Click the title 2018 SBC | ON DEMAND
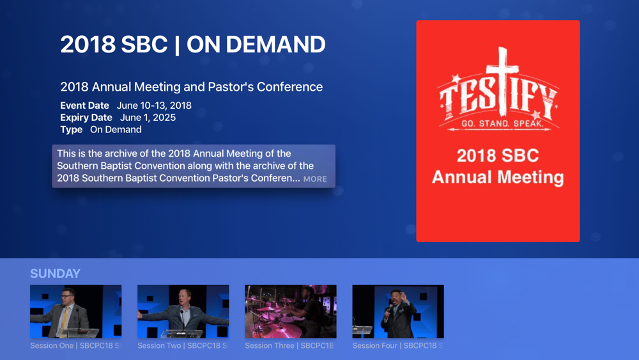point(193,44)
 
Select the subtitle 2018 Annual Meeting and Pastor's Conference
point(192,87)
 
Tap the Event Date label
point(85,106)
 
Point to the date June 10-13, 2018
point(154,106)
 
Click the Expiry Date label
point(86,118)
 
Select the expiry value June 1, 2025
point(148,118)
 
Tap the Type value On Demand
point(116,130)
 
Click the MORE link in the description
point(315,179)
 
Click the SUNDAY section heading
point(55,274)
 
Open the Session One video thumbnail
point(76,311)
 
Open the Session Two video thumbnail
point(183,311)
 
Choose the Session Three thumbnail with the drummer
point(291,311)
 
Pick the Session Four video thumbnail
point(398,311)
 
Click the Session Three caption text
point(289,346)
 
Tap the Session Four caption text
point(397,346)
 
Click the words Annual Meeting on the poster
point(498,177)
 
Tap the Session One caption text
point(75,346)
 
